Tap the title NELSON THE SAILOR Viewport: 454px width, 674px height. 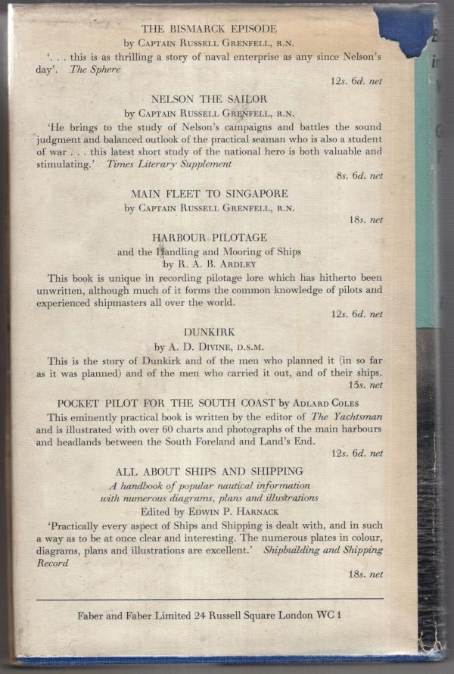coord(209,99)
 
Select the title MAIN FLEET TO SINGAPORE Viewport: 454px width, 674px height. coord(209,194)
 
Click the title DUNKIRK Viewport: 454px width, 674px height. coord(209,331)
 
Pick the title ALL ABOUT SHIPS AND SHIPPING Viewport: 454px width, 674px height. coord(209,472)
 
